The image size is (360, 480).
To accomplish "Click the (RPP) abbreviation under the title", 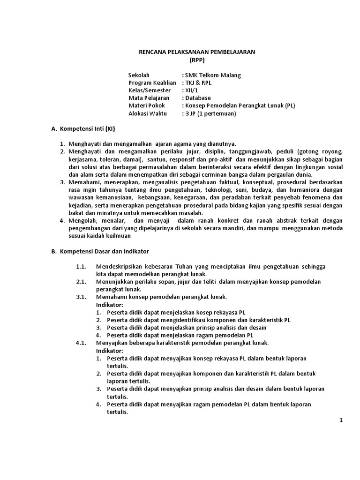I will point(197,60).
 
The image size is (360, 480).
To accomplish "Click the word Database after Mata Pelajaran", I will point(199,98).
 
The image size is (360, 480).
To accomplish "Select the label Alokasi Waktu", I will point(147,113).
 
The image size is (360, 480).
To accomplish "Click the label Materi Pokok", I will point(146,105).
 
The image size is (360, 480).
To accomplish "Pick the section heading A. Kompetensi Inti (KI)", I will point(83,128).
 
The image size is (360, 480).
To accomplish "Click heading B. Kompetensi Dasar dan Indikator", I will point(100,251).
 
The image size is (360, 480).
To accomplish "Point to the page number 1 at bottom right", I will point(342,420).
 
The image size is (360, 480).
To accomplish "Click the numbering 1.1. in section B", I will point(81,266).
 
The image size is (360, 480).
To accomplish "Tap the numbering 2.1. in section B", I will point(81,281).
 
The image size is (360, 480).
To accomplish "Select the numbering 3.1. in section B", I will point(81,297).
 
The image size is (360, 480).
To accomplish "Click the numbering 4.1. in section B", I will point(81,343).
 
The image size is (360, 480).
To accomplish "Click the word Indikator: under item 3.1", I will point(110,304).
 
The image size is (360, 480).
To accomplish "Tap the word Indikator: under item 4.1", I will point(110,350).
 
